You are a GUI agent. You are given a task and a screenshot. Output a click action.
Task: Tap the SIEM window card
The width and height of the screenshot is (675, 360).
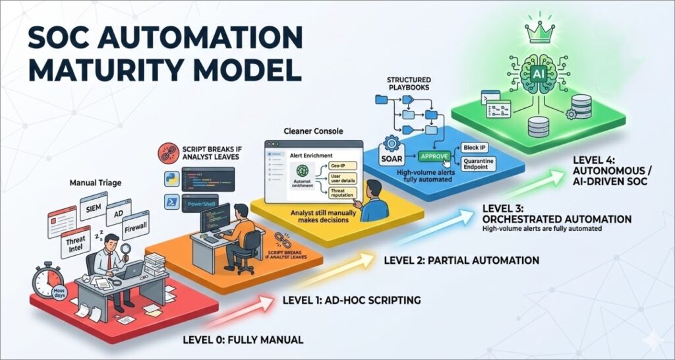click(94, 209)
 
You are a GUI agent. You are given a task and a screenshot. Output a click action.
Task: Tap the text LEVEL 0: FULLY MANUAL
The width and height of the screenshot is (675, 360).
click(243, 340)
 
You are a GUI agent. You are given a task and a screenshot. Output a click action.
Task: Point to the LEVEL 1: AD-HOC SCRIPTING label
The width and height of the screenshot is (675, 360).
click(351, 301)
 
